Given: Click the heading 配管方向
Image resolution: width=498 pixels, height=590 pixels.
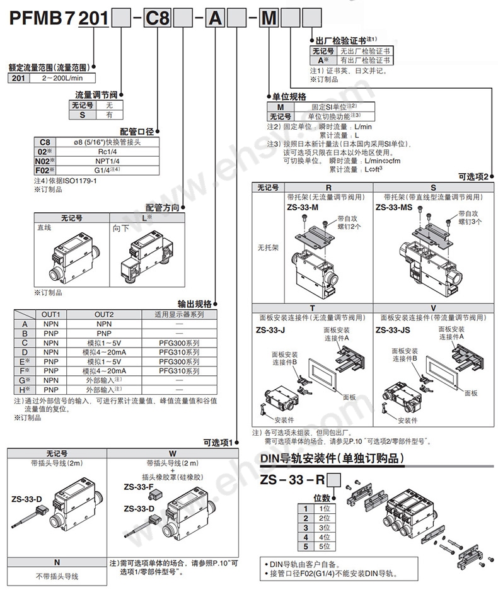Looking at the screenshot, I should click(x=163, y=207).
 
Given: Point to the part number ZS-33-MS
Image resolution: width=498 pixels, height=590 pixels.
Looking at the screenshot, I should click(x=395, y=207).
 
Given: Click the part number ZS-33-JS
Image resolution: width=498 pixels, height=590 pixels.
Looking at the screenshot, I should click(x=395, y=330).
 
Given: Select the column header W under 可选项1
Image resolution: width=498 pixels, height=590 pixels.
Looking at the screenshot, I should click(x=173, y=452).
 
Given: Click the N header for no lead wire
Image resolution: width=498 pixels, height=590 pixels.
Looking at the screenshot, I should click(x=57, y=562).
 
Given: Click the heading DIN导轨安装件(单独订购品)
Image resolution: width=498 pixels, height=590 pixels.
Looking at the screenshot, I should click(x=332, y=458).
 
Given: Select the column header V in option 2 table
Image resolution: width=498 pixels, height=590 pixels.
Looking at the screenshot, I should click(x=432, y=308).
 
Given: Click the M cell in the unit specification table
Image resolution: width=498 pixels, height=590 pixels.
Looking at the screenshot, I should click(x=281, y=107).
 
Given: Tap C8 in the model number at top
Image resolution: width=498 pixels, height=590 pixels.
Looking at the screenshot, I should click(x=155, y=20).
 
